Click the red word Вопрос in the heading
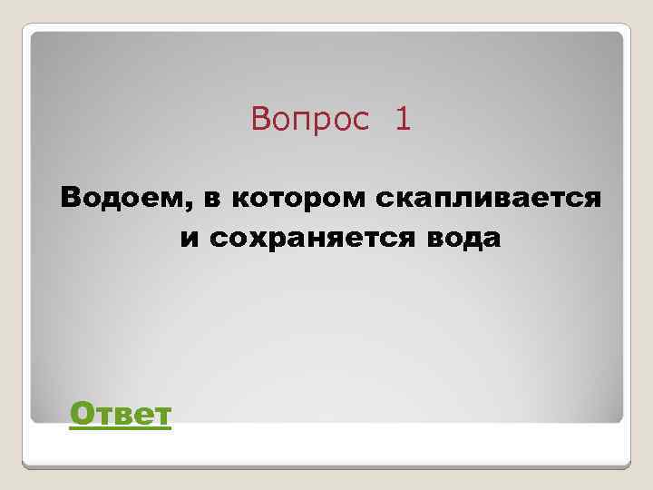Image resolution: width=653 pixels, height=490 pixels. (x=310, y=119)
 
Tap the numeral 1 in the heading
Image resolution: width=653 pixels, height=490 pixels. (x=403, y=119)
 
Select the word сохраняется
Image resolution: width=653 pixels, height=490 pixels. (x=320, y=239)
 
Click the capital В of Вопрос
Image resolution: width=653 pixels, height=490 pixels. (x=261, y=119)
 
